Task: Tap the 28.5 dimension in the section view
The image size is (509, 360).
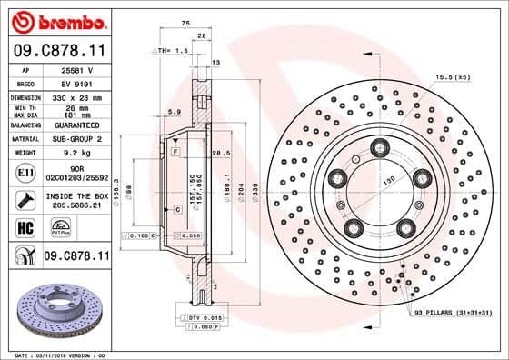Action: [x=219, y=154]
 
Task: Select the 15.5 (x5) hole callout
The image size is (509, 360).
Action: [x=453, y=77]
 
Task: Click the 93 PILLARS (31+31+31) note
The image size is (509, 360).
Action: [x=454, y=314]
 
